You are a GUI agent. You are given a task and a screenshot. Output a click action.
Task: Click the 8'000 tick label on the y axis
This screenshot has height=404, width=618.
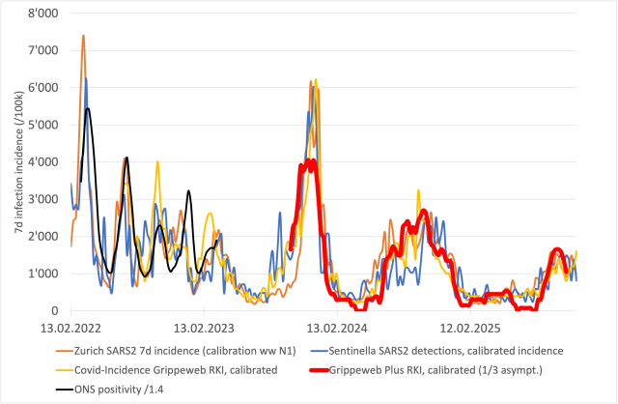tap(43, 13)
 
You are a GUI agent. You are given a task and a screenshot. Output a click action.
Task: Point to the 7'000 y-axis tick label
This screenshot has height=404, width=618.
tap(43, 50)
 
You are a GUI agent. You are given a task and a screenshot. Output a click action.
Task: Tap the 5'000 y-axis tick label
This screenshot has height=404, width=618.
tap(43, 125)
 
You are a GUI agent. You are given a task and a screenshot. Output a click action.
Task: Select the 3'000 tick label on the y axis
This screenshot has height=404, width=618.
tap(43, 199)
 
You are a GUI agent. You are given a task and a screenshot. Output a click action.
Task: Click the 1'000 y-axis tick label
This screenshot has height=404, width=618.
tap(43, 274)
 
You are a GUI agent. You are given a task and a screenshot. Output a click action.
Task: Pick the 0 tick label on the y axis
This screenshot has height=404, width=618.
tap(54, 311)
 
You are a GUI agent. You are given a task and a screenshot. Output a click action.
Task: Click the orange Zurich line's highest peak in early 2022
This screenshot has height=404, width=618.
tap(83, 36)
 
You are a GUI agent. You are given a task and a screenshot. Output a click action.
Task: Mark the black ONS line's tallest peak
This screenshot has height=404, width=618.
tap(88, 108)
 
